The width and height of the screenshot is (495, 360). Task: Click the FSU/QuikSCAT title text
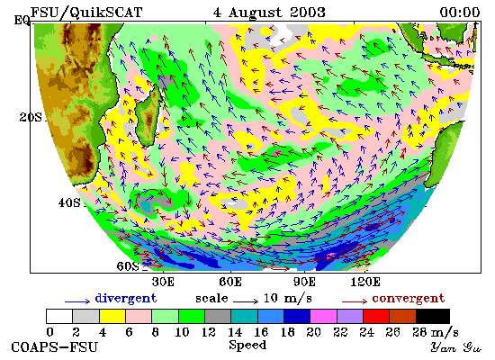pos(86,13)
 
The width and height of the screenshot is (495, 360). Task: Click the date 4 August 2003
pos(269,13)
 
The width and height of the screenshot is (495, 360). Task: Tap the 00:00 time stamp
pos(460,13)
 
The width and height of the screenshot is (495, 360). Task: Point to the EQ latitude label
pos(22,20)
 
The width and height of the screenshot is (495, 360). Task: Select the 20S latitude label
pos(31,118)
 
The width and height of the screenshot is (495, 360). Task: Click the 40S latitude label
pos(69,202)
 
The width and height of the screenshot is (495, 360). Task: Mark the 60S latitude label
pos(128,266)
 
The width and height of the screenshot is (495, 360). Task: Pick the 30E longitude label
pos(163,282)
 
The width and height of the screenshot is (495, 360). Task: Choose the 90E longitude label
pos(304,282)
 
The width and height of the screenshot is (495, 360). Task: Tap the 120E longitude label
pos(365,282)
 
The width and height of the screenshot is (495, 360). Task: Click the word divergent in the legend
pos(126,299)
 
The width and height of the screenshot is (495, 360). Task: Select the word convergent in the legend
pos(409,299)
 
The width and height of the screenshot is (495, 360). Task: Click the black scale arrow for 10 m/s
pos(246,301)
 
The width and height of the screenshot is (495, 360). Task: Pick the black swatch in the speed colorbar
pos(433,317)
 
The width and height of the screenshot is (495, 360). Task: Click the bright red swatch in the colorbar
pos(376,317)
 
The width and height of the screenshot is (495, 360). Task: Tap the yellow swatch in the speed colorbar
pos(112,317)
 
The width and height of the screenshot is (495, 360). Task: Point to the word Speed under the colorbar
pos(247,346)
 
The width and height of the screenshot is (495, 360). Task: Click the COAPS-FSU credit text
pos(55,347)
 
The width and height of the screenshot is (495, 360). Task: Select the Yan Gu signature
pos(456,347)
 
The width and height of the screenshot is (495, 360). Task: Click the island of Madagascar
pos(148,117)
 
